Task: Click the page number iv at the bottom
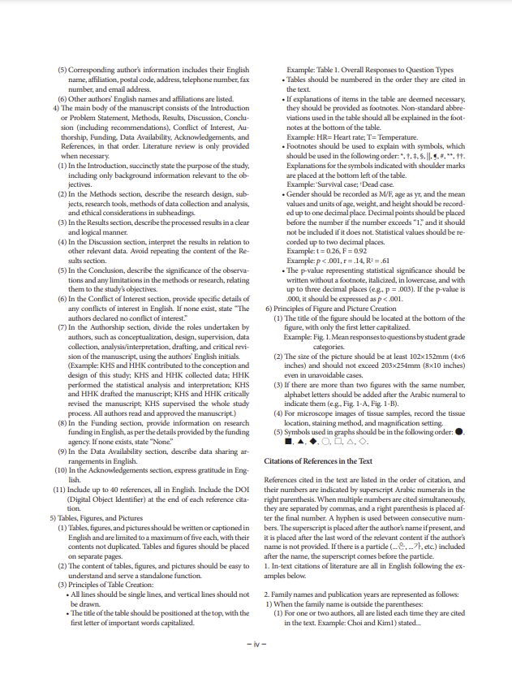coord(256,645)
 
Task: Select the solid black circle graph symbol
coord(461,431)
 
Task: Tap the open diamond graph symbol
coord(364,442)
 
